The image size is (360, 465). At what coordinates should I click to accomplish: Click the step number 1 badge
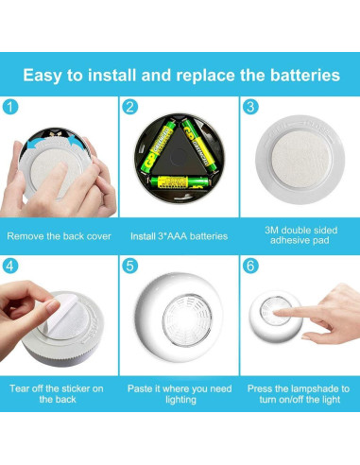pyautogui.click(x=10, y=107)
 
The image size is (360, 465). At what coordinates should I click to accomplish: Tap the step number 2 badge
pyautogui.click(x=130, y=107)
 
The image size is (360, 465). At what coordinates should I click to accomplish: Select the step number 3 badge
pyautogui.click(x=249, y=107)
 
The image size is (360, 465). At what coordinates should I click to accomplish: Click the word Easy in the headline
pyautogui.click(x=45, y=74)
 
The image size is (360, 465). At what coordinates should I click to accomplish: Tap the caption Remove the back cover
pyautogui.click(x=59, y=235)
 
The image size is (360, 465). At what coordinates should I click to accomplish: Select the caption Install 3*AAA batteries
pyautogui.click(x=179, y=235)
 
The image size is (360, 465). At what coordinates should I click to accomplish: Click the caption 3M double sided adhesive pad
pyautogui.click(x=299, y=234)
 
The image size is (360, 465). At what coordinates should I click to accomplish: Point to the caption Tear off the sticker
pyautogui.click(x=59, y=394)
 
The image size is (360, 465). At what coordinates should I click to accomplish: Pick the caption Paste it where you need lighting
pyautogui.click(x=179, y=394)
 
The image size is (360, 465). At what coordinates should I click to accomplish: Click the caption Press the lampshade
pyautogui.click(x=299, y=394)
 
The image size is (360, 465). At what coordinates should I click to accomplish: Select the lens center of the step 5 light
pyautogui.click(x=179, y=319)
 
